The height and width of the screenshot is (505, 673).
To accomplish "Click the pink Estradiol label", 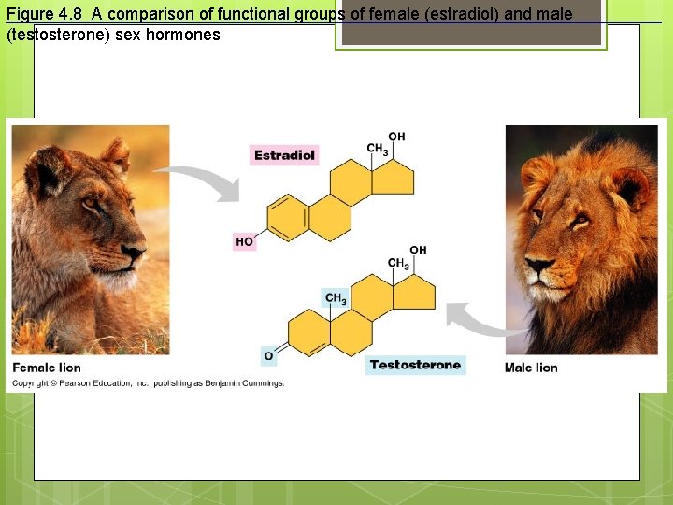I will click(285, 155).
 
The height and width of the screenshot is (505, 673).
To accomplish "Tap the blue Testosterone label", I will click(415, 365).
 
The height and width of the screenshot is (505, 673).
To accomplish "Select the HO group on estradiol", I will click(244, 241).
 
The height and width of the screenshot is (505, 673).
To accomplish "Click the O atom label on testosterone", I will click(269, 356).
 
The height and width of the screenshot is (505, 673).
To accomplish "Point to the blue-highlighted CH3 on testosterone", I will click(336, 299).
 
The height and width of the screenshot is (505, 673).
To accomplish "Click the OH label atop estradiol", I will click(397, 137).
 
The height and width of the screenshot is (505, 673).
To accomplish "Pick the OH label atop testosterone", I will click(418, 250).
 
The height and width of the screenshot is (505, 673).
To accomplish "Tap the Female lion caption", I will click(47, 368).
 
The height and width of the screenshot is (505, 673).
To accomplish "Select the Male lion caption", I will click(531, 368).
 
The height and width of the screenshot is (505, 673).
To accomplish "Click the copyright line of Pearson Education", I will click(148, 383).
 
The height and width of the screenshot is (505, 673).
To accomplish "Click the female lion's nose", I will click(135, 251).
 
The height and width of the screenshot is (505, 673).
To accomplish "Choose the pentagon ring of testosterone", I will click(414, 293).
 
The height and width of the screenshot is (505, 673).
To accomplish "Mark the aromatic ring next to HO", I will click(288, 217).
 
